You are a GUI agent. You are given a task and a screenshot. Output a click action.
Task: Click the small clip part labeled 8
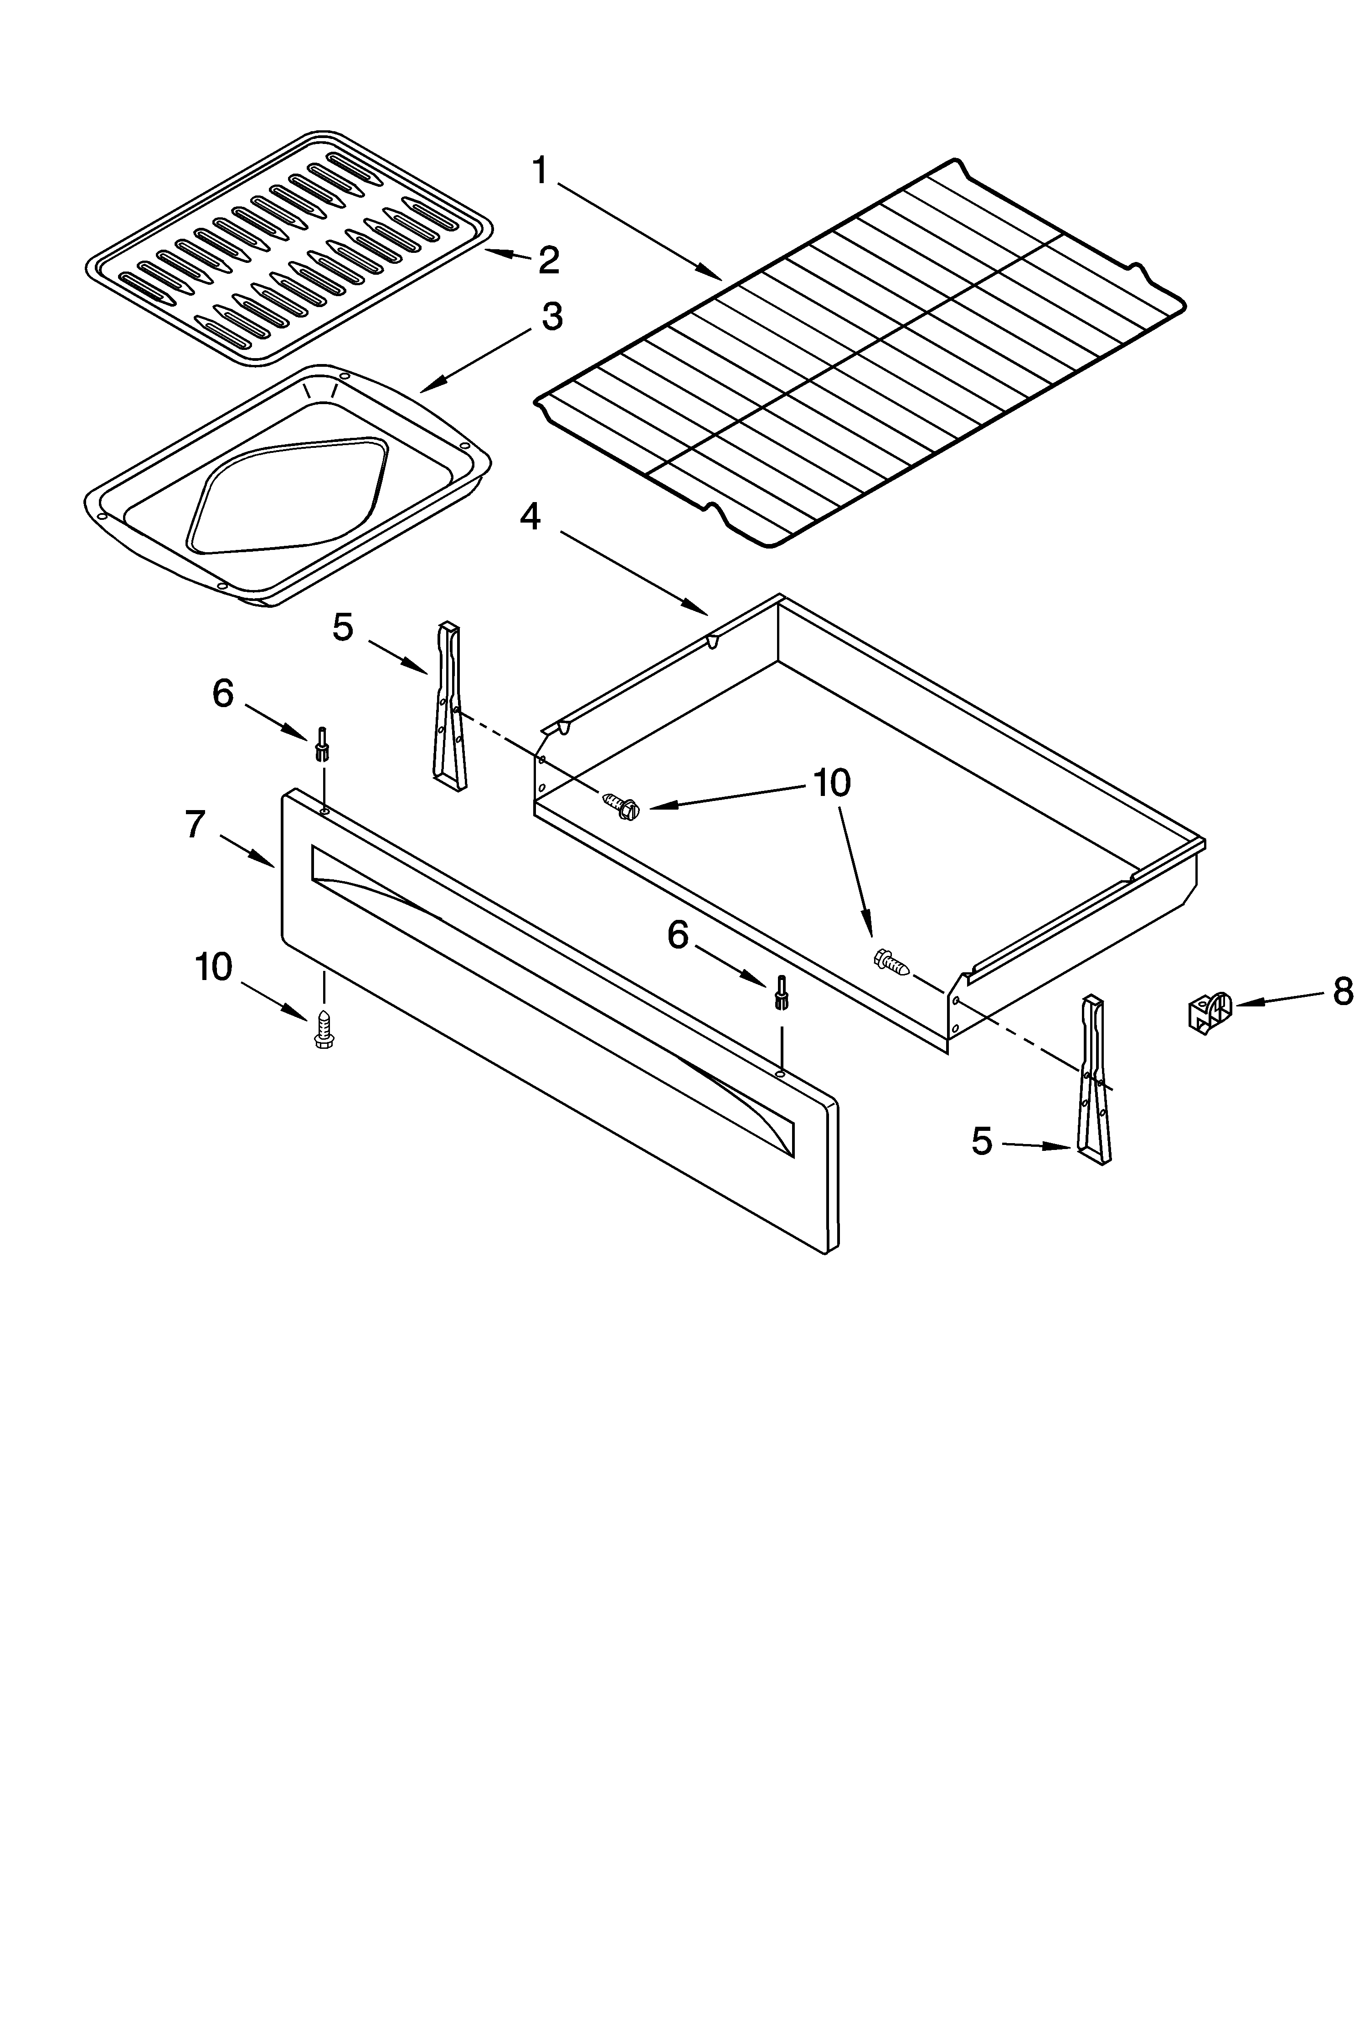(x=1210, y=1013)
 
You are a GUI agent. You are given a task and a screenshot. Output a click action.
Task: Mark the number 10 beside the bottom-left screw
(x=213, y=967)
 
